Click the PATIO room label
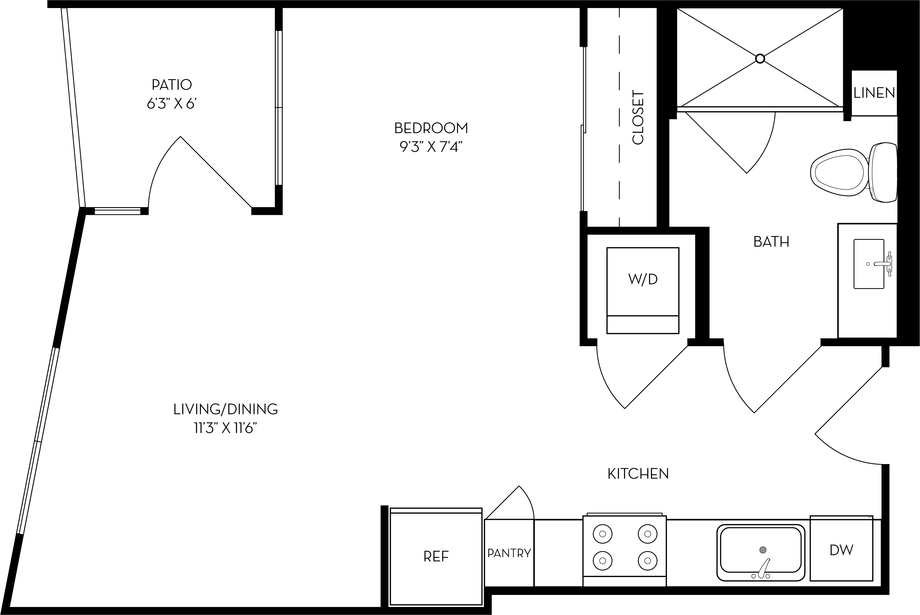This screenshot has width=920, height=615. coord(172,84)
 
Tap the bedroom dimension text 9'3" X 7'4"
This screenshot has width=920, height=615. coord(431,147)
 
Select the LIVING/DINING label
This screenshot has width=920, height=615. coord(225,409)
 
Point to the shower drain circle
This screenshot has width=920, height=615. coord(760,59)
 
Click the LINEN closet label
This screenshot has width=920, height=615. coord(874,93)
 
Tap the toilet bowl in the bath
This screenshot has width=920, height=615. coord(840,172)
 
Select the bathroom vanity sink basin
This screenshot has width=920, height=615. coord(869,264)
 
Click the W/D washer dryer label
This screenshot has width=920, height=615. coord(643,279)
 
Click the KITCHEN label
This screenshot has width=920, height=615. coord(638,474)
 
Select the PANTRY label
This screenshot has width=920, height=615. coord(509,553)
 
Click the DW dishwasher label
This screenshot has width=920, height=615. coord(841,550)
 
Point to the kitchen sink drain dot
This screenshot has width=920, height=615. coord(762,550)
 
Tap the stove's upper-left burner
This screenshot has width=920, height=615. coord(602,534)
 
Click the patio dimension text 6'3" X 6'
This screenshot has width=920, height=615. coord(172,104)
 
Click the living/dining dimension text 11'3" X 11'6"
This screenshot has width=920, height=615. coord(225,429)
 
